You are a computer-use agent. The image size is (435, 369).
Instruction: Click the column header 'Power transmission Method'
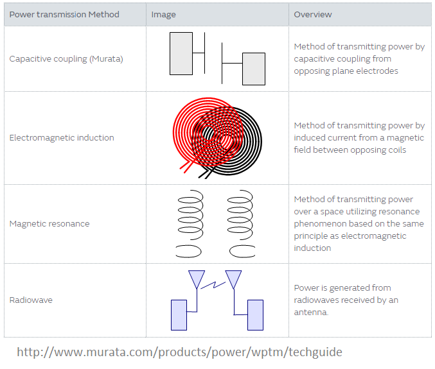pyautogui.click(x=64, y=14)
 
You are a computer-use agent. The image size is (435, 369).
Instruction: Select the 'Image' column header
pyautogui.click(x=163, y=15)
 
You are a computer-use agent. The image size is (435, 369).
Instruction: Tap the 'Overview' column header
pyautogui.click(x=313, y=14)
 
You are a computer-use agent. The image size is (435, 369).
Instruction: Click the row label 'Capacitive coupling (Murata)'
pyautogui.click(x=66, y=59)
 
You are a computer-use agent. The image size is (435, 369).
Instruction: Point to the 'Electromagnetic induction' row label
pyautogui.click(x=62, y=138)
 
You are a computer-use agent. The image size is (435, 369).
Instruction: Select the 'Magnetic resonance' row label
pyautogui.click(x=49, y=224)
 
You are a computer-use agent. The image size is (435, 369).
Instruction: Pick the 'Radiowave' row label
pyautogui.click(x=31, y=300)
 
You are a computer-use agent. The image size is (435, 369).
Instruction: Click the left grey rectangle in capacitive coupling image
pyautogui.click(x=181, y=53)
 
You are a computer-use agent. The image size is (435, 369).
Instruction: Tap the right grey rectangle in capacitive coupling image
pyautogui.click(x=254, y=69)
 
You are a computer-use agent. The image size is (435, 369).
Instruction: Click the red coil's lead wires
pyautogui.click(x=186, y=166)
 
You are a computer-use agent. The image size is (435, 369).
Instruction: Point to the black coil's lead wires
pyautogui.click(x=205, y=174)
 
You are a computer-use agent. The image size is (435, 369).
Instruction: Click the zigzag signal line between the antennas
pyautogui.click(x=213, y=285)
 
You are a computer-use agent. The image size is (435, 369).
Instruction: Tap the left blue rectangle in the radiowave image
pyautogui.click(x=179, y=315)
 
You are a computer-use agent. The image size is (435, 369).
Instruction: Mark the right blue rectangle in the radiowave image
pyautogui.click(x=256, y=315)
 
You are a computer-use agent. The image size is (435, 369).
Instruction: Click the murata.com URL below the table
pyautogui.click(x=179, y=352)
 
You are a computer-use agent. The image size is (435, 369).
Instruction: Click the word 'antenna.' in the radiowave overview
pyautogui.click(x=311, y=313)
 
